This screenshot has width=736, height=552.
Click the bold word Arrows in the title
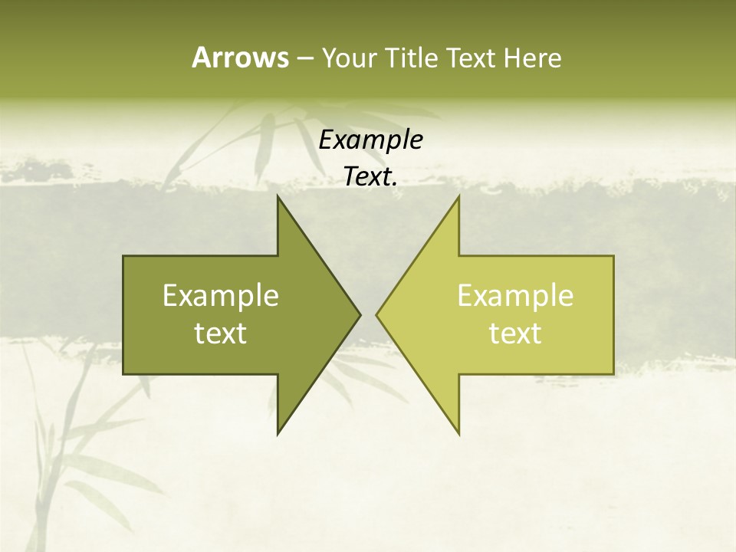[x=239, y=58]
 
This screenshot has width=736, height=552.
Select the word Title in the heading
[x=412, y=58]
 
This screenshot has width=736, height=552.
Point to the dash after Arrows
[x=304, y=59]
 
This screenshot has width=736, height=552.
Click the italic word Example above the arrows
[x=371, y=140]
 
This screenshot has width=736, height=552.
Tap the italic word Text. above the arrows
[x=371, y=177]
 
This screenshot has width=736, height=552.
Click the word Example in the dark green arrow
[x=221, y=296]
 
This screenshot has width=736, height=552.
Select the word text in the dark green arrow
[x=221, y=333]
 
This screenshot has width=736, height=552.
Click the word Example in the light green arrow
[x=515, y=296]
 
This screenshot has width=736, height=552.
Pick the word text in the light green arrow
[x=515, y=333]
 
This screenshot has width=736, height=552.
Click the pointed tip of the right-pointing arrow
[x=360, y=314]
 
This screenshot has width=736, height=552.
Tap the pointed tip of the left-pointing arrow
[x=376, y=314]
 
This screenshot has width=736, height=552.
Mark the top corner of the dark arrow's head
[x=278, y=196]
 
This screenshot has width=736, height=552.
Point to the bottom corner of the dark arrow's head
[x=278, y=434]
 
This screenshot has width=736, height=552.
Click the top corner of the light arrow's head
[x=459, y=196]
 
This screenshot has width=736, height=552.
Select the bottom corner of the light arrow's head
[x=459, y=434]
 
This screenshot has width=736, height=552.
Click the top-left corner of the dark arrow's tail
[x=123, y=256]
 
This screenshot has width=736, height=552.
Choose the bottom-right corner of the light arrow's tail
[x=613, y=374]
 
